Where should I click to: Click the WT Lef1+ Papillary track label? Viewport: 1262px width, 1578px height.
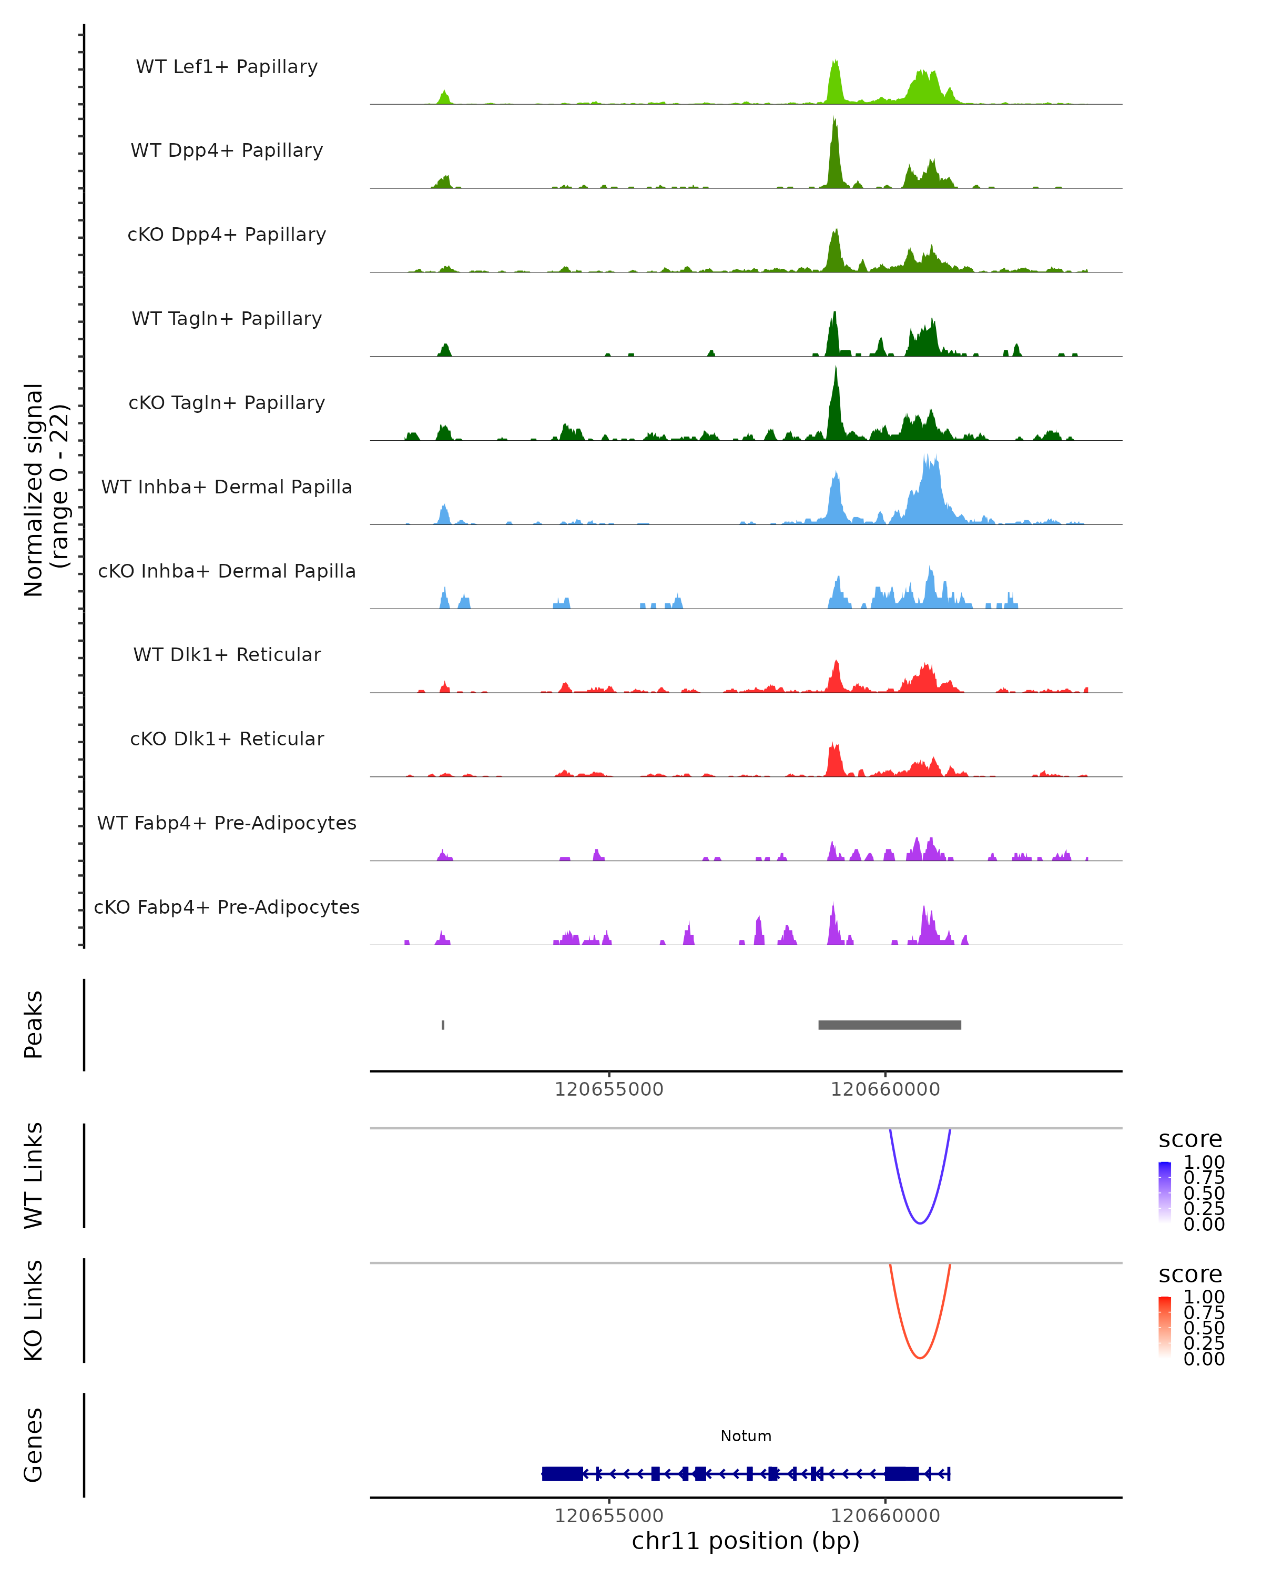(x=227, y=67)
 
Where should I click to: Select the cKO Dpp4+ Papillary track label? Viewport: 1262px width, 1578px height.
(x=227, y=235)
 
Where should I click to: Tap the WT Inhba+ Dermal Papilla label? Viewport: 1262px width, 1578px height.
(x=227, y=488)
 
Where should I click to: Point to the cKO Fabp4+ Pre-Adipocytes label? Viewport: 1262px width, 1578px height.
(x=227, y=907)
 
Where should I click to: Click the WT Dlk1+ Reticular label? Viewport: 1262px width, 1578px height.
(x=227, y=655)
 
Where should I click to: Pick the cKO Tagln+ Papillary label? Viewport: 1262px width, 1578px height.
(x=227, y=403)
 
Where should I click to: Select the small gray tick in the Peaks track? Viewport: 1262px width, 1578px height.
(x=443, y=1025)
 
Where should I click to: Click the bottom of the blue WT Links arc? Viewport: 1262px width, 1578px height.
(x=920, y=1222)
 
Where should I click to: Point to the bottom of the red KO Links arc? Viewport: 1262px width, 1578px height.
(x=920, y=1358)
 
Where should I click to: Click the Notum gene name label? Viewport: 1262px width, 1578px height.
(x=746, y=1437)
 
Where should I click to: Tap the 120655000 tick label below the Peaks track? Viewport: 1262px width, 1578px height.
(x=609, y=1090)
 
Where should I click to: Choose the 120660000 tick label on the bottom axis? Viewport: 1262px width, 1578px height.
(x=885, y=1516)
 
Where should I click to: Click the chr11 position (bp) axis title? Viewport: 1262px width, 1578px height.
(x=746, y=1541)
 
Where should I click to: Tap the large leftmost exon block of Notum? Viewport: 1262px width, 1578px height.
(x=563, y=1474)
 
